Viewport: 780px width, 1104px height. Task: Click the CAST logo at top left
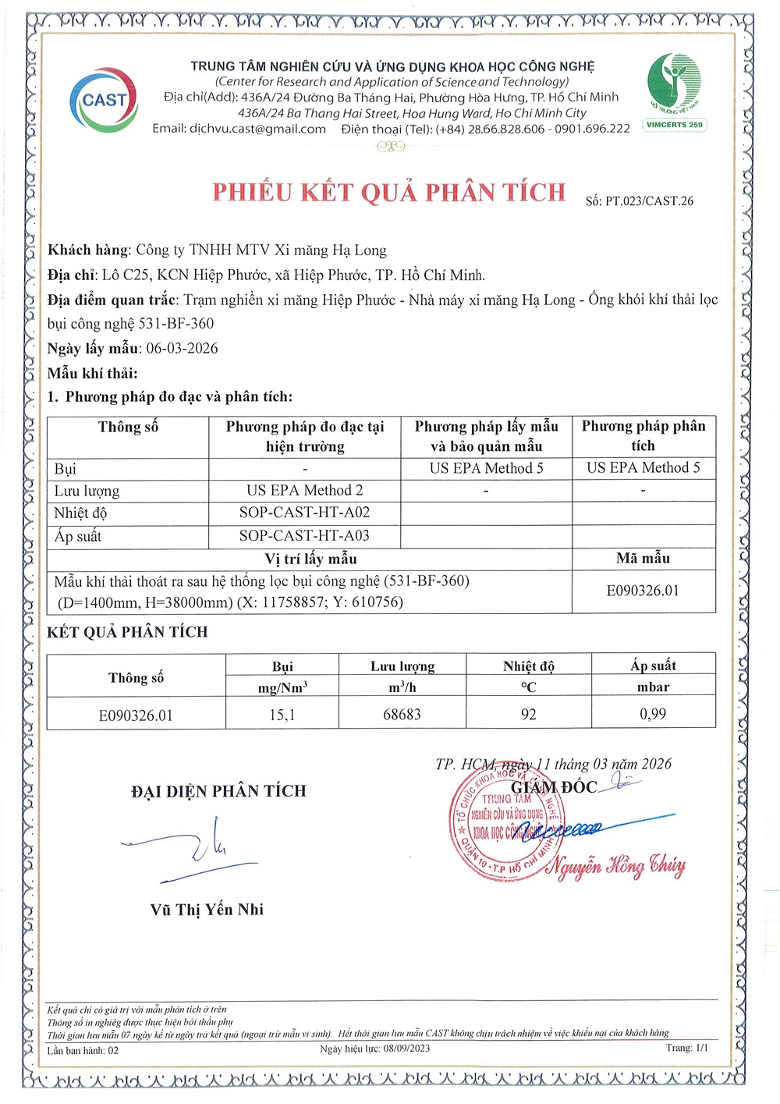[104, 100]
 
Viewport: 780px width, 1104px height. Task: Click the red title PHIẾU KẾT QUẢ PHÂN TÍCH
[389, 192]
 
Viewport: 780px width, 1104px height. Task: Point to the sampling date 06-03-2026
[182, 348]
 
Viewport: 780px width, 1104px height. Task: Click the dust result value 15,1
[282, 715]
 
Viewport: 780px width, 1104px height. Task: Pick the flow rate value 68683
[402, 715]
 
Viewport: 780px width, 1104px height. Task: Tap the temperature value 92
[529, 715]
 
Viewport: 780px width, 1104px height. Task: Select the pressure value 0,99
[653, 714]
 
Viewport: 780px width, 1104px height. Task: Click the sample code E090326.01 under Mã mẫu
[643, 591]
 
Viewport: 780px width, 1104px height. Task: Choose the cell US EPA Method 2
[304, 490]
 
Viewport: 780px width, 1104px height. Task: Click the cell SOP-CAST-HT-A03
[304, 535]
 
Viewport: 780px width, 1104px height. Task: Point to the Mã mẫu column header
[643, 558]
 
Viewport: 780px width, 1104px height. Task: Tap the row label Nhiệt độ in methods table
[80, 513]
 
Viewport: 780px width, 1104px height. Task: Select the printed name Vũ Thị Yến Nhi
[207, 910]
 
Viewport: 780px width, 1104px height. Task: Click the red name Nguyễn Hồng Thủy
[616, 866]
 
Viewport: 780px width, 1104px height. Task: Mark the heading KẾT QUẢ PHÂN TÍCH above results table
[127, 632]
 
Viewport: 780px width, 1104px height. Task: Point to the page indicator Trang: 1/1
[687, 1048]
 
